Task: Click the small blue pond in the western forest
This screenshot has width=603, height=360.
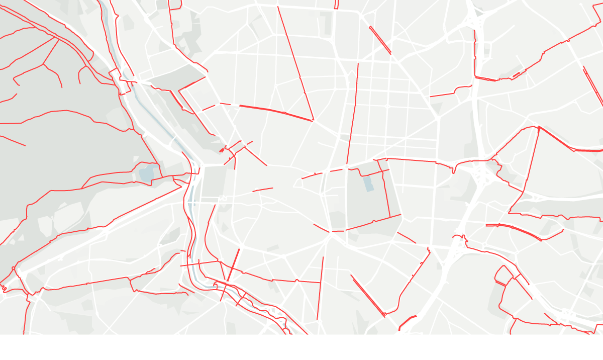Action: click(x=147, y=174)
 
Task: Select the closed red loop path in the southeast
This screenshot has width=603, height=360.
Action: click(x=503, y=275)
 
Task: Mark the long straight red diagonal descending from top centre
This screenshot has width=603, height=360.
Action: click(x=296, y=65)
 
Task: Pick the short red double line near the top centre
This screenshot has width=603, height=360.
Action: click(x=380, y=40)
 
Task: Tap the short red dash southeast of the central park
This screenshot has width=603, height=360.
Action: click(x=407, y=237)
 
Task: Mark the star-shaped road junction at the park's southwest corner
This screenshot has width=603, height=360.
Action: click(x=330, y=232)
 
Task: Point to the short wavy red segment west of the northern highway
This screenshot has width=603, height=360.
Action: click(x=450, y=93)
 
